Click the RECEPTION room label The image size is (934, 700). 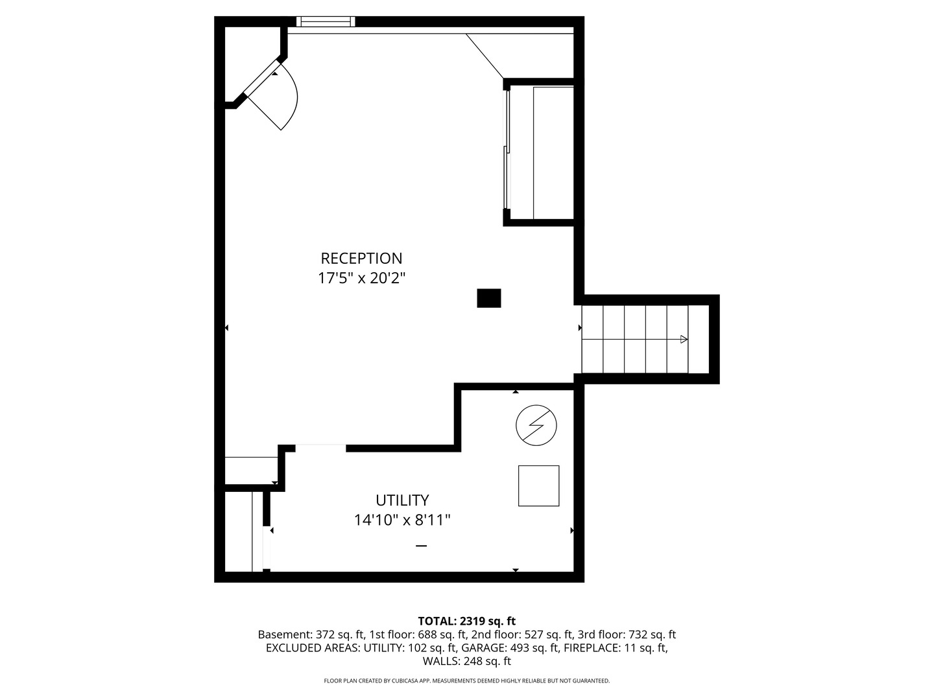pyautogui.click(x=361, y=258)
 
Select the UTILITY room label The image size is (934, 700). pyautogui.click(x=402, y=500)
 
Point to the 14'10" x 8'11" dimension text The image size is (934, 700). pyautogui.click(x=402, y=520)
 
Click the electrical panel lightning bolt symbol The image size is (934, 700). pyautogui.click(x=536, y=426)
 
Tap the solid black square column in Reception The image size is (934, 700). pyautogui.click(x=489, y=298)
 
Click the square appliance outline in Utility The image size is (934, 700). pyautogui.click(x=538, y=485)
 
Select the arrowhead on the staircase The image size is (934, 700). pyautogui.click(x=684, y=339)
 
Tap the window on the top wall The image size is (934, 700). pyautogui.click(x=326, y=22)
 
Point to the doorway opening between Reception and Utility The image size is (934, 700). pyautogui.click(x=320, y=448)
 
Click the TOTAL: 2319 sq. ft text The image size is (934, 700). pyautogui.click(x=466, y=621)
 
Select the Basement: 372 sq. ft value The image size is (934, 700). pyautogui.click(x=311, y=635)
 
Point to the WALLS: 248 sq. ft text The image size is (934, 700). pyautogui.click(x=466, y=661)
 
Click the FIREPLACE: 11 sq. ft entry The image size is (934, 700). pyautogui.click(x=614, y=647)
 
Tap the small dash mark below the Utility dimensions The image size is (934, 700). pyautogui.click(x=421, y=546)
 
